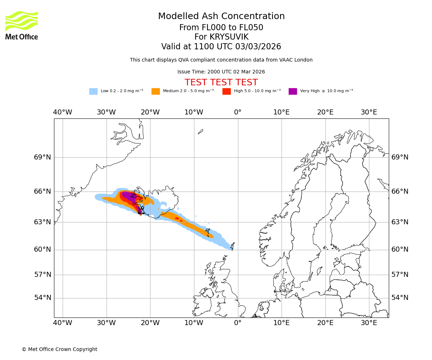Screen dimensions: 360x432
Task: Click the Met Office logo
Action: (x=22, y=25)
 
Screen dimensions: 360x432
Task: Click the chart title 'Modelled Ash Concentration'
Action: (x=221, y=16)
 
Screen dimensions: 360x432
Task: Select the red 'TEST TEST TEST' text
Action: (x=221, y=82)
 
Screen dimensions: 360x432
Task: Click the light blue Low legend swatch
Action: (x=93, y=91)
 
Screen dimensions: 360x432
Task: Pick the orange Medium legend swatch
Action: (x=156, y=91)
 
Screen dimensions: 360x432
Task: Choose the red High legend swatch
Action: (x=226, y=91)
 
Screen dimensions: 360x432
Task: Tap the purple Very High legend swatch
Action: (x=293, y=91)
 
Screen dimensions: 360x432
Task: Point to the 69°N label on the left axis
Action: (x=42, y=157)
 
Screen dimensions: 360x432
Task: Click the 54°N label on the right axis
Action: (x=400, y=298)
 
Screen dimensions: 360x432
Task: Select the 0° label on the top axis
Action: (x=238, y=112)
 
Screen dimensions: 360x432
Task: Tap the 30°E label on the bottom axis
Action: (x=369, y=323)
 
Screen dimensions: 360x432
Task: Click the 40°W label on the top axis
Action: (x=63, y=112)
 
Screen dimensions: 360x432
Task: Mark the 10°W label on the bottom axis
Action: (x=194, y=323)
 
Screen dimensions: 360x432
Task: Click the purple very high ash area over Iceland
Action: (x=128, y=196)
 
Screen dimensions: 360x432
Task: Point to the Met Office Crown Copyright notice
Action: (x=59, y=349)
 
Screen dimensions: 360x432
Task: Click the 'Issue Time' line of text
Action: (x=221, y=72)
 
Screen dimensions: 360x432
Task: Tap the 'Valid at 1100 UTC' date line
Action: (x=221, y=47)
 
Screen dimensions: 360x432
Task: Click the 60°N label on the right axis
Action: (x=400, y=249)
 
